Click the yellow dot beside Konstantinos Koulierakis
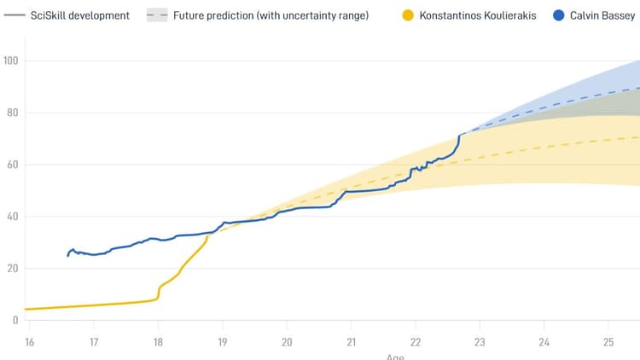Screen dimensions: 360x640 [408, 15]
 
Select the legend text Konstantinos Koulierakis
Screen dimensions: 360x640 [478, 15]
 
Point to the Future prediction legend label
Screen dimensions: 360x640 [271, 15]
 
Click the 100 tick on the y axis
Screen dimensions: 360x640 [11, 61]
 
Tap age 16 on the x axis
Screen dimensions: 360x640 [29, 342]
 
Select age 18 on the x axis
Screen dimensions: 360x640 [158, 342]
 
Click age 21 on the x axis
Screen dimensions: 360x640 [351, 342]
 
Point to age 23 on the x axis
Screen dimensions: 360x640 [480, 342]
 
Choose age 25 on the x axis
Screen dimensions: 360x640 [608, 342]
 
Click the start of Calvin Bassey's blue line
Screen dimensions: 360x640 [68, 255]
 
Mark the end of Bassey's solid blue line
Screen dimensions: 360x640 [460, 135]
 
